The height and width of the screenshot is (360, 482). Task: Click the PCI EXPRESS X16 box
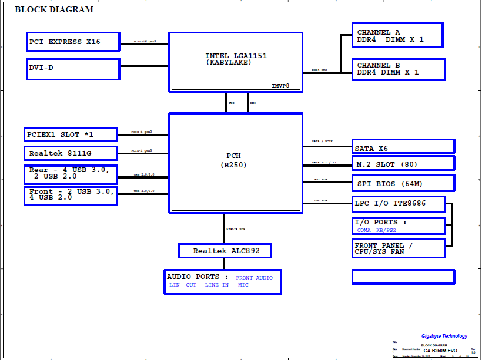(x=73, y=42)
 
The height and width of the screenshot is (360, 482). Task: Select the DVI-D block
(x=73, y=68)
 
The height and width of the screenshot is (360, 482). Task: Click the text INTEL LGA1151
(x=236, y=56)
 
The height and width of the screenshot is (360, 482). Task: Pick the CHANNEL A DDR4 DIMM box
(x=398, y=36)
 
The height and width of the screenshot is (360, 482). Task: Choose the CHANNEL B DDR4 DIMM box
(x=398, y=69)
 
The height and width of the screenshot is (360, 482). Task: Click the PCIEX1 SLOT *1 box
(x=71, y=134)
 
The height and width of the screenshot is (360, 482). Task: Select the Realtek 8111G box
(x=71, y=153)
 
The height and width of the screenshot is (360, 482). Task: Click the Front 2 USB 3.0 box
(x=71, y=195)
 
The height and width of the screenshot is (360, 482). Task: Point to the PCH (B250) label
(x=233, y=160)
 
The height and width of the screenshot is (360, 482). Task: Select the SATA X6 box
(x=403, y=147)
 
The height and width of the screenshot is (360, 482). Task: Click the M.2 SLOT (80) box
(x=403, y=164)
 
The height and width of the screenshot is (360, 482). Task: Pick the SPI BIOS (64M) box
(x=403, y=183)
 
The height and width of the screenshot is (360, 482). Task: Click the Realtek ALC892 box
(x=226, y=251)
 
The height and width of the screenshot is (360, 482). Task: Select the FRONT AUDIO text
(x=254, y=278)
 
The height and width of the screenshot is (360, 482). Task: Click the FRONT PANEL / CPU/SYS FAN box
(x=398, y=248)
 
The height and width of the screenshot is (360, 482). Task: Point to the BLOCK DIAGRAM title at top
(x=53, y=9)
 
